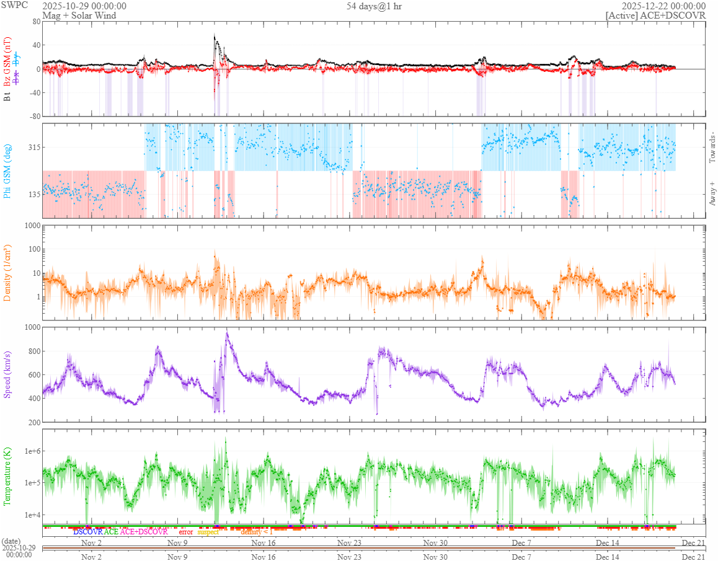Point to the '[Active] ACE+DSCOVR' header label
656,15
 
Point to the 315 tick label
30,148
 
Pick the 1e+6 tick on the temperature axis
28,451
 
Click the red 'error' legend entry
185,532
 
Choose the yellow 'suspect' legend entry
208,532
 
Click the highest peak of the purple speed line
227,334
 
